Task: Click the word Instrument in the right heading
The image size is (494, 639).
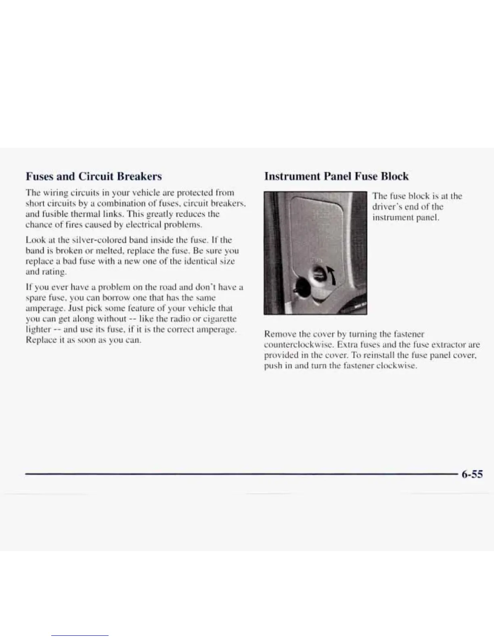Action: click(287, 176)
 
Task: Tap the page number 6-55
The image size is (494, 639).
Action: click(472, 474)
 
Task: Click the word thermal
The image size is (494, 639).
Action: click(77, 214)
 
